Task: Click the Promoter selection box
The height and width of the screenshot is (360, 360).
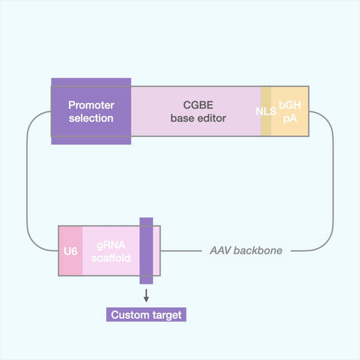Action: pyautogui.click(x=91, y=111)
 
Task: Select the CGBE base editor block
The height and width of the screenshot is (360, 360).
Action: pyautogui.click(x=196, y=111)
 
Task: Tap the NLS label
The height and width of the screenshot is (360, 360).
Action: pyautogui.click(x=265, y=111)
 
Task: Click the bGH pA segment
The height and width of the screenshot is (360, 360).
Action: pyautogui.click(x=290, y=111)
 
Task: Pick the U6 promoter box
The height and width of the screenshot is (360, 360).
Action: pyautogui.click(x=70, y=251)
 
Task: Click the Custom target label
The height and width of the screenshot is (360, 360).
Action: pyautogui.click(x=145, y=315)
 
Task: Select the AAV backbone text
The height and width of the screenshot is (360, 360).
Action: pyautogui.click(x=246, y=251)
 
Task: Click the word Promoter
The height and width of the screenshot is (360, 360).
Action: pyautogui.click(x=91, y=105)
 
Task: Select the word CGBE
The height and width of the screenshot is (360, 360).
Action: pyautogui.click(x=196, y=105)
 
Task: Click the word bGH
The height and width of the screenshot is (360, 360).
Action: pyautogui.click(x=290, y=105)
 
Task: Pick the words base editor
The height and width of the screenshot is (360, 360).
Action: pyautogui.click(x=196, y=118)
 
